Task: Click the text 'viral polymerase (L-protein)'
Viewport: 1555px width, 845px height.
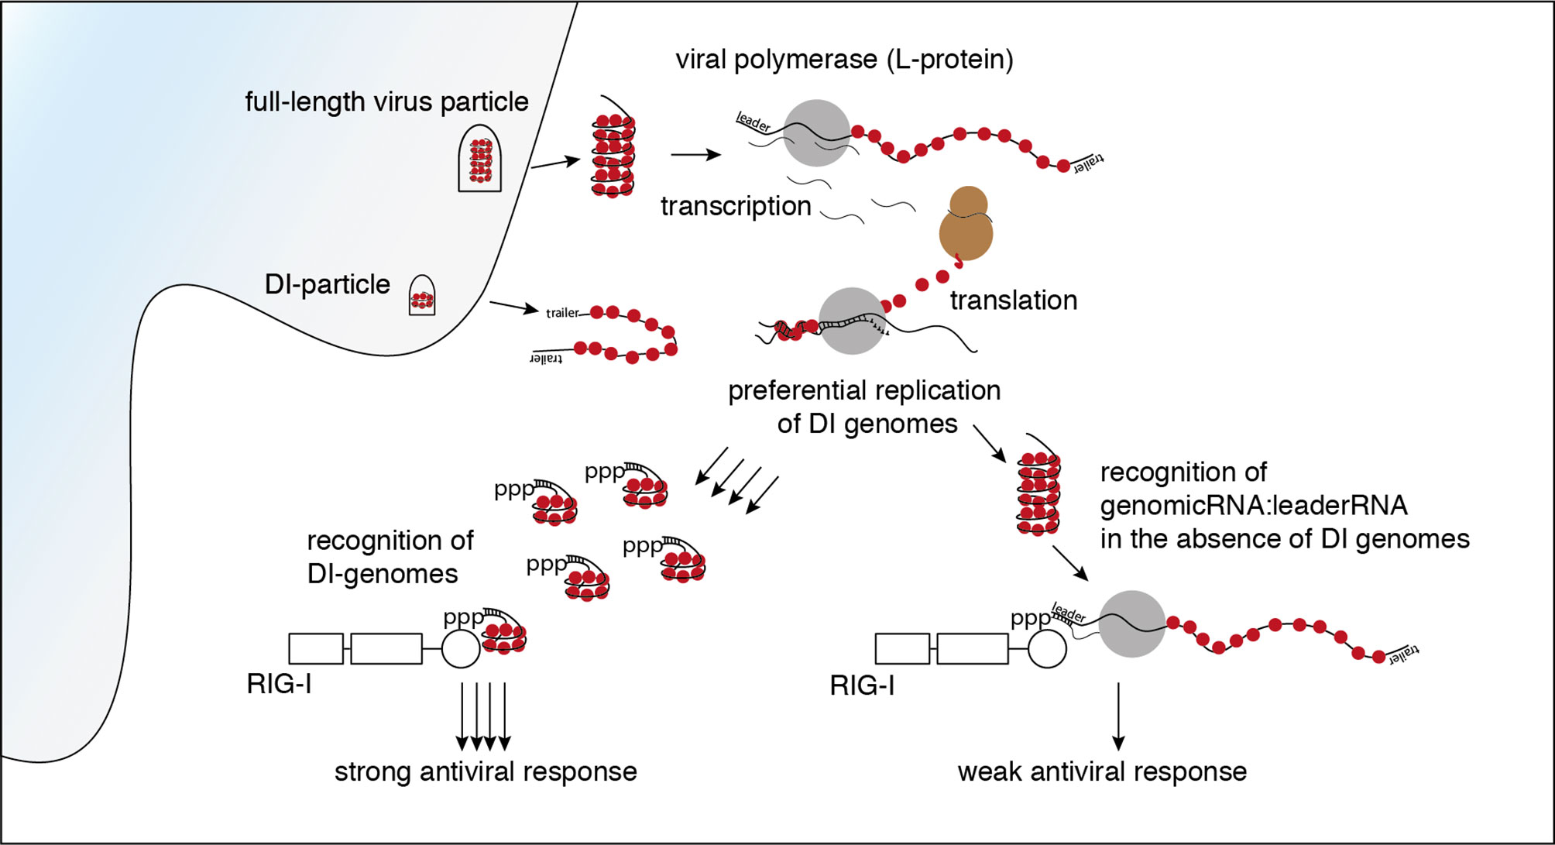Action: click(x=844, y=60)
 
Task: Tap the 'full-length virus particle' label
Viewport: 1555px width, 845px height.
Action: click(x=386, y=101)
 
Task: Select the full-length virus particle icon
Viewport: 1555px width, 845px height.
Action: click(x=480, y=158)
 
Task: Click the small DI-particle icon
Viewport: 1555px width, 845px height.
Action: click(x=422, y=295)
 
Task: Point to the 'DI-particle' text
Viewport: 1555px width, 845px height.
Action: click(x=328, y=284)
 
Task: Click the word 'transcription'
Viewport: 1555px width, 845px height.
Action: click(x=736, y=206)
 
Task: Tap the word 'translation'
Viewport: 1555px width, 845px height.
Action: click(x=1014, y=300)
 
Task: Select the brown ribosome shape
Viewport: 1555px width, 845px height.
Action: click(x=966, y=223)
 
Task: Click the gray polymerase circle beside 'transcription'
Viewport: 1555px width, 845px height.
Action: click(x=817, y=132)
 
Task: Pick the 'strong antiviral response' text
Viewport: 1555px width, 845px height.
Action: click(x=486, y=771)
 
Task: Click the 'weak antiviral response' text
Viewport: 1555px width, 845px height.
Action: click(x=1102, y=771)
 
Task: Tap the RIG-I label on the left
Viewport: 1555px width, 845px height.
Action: click(x=279, y=684)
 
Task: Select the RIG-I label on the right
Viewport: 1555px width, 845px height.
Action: click(x=862, y=685)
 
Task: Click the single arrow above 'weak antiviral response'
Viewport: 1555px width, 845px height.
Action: click(x=1118, y=716)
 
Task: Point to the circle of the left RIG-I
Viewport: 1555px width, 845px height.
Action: click(x=461, y=648)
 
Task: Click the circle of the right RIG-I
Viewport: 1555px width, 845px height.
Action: click(x=1047, y=648)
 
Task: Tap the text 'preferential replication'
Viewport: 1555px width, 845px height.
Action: click(x=864, y=390)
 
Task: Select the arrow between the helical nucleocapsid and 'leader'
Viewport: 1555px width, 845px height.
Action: click(x=695, y=155)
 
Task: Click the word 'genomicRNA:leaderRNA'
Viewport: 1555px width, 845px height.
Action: click(x=1254, y=505)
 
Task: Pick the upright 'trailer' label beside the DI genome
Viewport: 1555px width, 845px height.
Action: click(x=563, y=313)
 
